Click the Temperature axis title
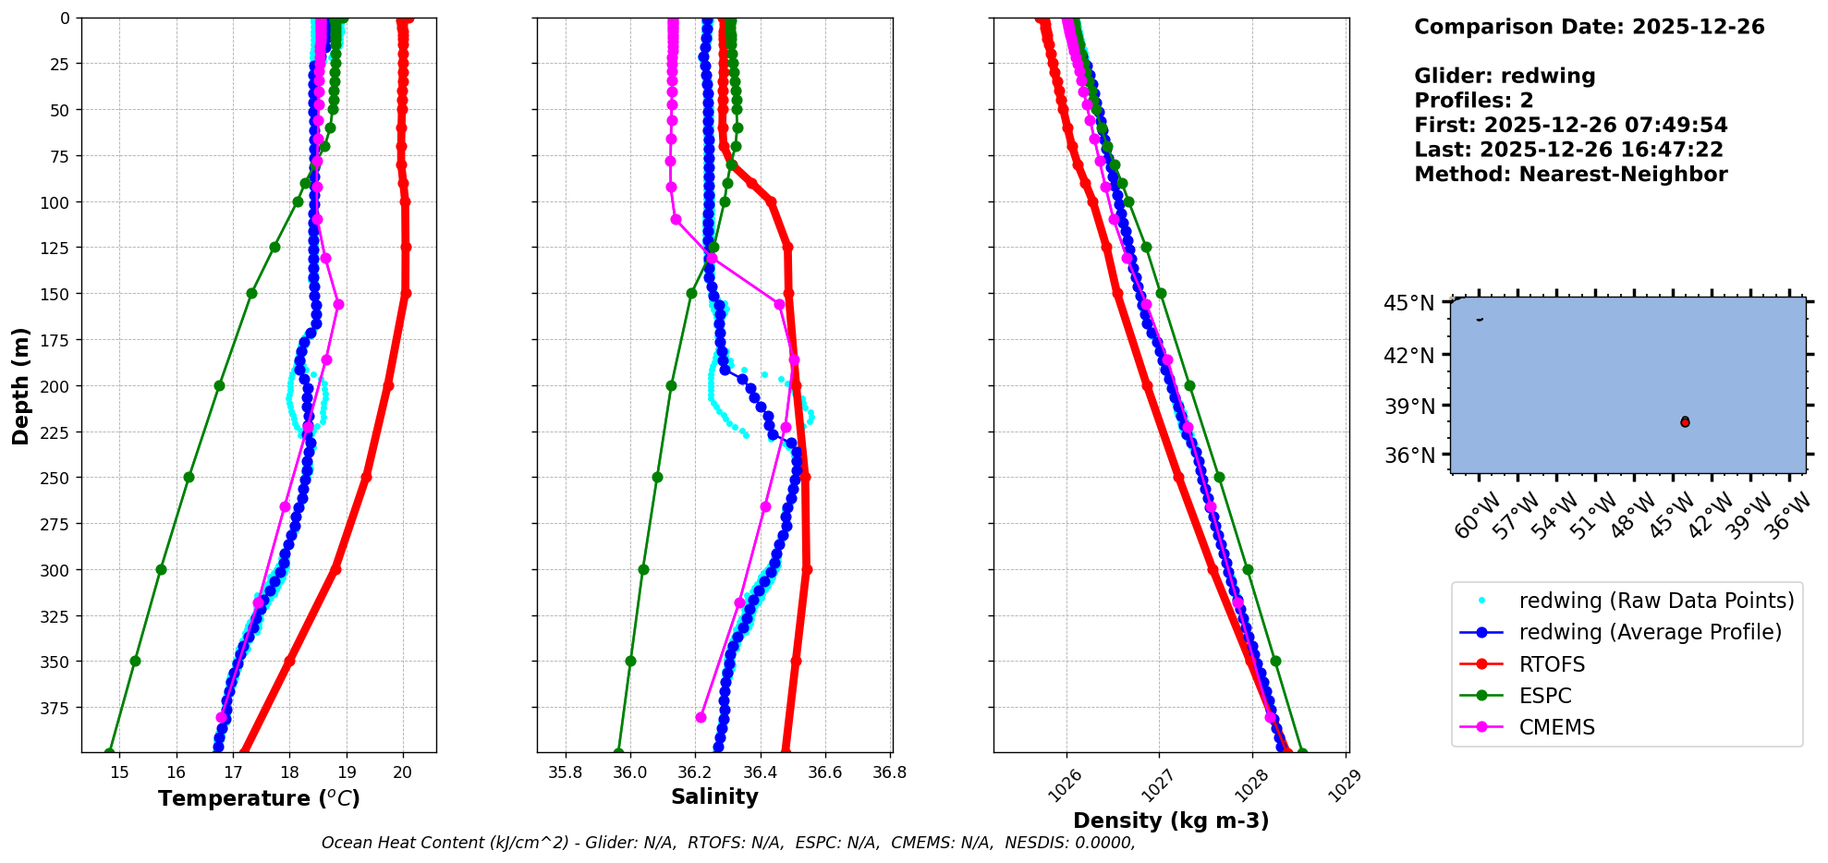click(x=259, y=798)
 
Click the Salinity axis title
click(x=714, y=796)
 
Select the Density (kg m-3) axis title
click(x=1171, y=820)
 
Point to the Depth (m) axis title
click(x=20, y=385)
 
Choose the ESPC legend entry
click(x=1544, y=696)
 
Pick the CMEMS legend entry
click(x=1556, y=727)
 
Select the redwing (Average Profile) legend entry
click(x=1650, y=632)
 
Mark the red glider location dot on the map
click(x=1685, y=422)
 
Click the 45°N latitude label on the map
click(x=1408, y=304)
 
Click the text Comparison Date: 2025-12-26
click(x=1589, y=27)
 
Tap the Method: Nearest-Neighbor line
click(x=1570, y=175)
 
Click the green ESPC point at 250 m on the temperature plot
click(x=189, y=478)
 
